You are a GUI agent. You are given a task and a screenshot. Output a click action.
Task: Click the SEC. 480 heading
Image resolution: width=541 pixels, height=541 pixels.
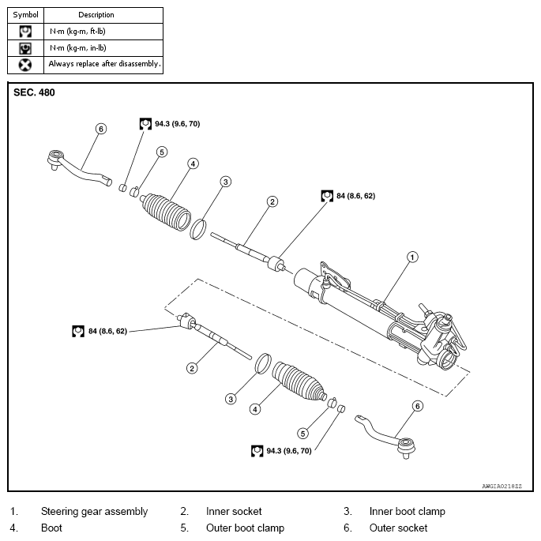[35, 92]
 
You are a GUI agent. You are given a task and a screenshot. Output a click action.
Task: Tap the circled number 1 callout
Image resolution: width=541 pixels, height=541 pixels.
[411, 256]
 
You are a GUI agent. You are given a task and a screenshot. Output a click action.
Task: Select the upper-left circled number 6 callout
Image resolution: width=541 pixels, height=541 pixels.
[100, 128]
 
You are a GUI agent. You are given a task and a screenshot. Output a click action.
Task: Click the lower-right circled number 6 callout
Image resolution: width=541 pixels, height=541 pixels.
[418, 406]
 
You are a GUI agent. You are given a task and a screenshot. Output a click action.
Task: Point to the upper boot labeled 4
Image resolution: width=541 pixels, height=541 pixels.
[167, 209]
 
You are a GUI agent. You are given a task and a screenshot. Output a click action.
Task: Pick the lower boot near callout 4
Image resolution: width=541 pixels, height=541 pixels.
[299, 383]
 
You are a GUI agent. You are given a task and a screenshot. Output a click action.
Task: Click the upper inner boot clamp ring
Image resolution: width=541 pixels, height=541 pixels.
[201, 228]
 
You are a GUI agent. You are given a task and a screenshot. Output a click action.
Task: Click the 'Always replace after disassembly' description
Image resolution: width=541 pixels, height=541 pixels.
[104, 64]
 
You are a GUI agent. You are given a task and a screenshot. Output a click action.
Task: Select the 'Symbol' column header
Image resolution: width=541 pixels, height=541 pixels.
[25, 15]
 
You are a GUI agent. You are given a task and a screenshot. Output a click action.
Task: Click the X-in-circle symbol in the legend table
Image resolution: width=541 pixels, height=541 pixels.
[25, 64]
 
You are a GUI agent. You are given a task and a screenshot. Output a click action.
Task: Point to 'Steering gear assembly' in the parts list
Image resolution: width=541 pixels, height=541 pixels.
[94, 511]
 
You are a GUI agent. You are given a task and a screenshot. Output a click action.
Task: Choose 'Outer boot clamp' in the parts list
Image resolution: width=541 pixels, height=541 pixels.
[245, 528]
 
